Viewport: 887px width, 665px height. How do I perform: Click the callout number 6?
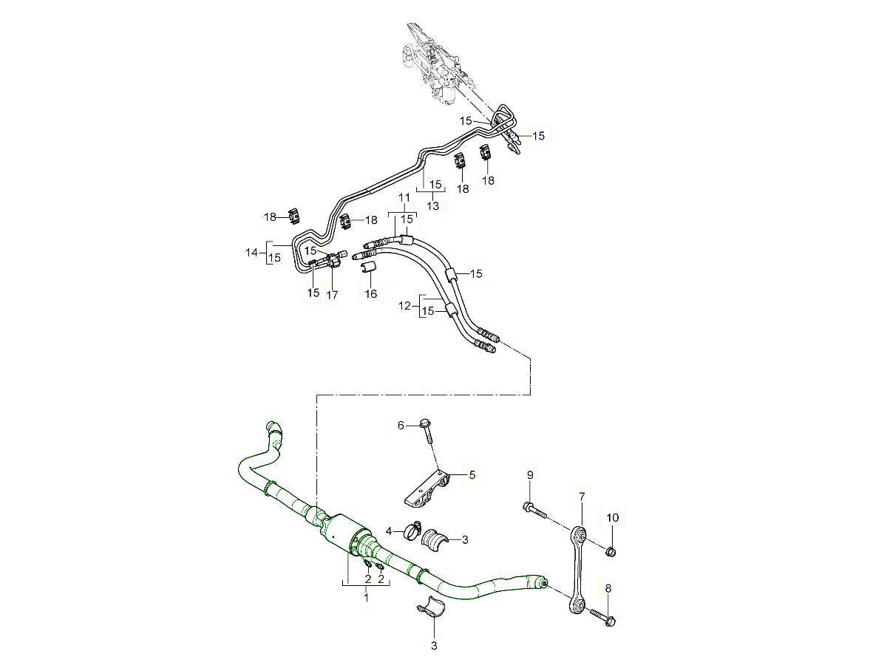[x=401, y=425]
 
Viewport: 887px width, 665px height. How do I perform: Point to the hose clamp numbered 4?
[x=412, y=529]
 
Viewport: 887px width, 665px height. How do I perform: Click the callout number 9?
[x=529, y=474]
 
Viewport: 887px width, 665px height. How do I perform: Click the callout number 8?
[x=608, y=588]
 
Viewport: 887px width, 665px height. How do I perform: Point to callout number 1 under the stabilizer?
[x=366, y=598]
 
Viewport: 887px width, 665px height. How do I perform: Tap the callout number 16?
[x=371, y=294]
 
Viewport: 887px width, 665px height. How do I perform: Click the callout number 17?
[x=332, y=295]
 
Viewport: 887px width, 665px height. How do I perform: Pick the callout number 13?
[x=432, y=206]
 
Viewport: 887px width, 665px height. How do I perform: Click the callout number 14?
[x=251, y=253]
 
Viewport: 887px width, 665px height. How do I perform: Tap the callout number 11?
[x=404, y=197]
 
